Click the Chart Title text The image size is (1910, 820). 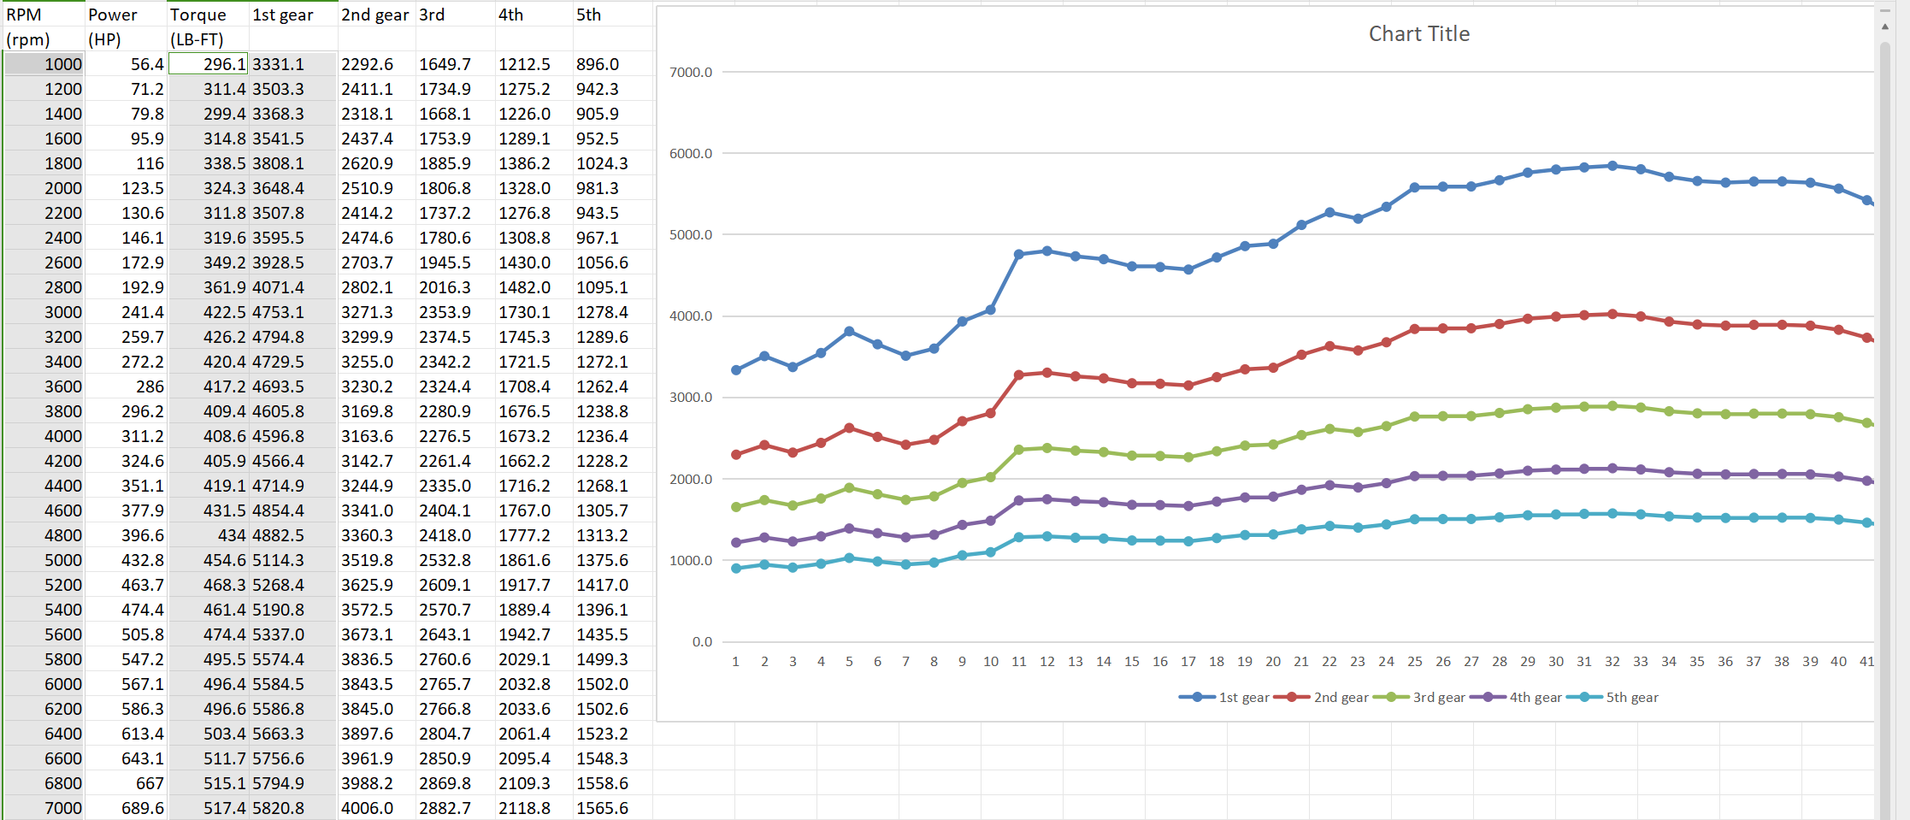click(x=1418, y=33)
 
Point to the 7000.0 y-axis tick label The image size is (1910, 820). click(x=690, y=72)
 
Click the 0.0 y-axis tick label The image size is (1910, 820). click(x=701, y=641)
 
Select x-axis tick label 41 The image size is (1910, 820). click(x=1866, y=661)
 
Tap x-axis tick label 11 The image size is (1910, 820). click(x=1018, y=661)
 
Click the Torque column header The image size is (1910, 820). click(x=197, y=15)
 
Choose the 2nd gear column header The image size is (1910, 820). click(x=374, y=15)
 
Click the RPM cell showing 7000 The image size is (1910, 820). click(x=63, y=808)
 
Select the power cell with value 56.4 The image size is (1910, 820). click(x=147, y=64)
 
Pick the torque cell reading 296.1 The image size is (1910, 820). click(x=224, y=64)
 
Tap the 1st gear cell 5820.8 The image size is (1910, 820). click(x=278, y=808)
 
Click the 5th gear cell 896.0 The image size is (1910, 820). click(x=597, y=64)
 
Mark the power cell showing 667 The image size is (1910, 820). click(x=150, y=783)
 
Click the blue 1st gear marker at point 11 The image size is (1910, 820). click(x=1018, y=254)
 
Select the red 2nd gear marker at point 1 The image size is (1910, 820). click(x=736, y=455)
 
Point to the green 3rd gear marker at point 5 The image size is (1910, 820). click(x=849, y=488)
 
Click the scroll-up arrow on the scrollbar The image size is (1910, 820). click(x=1885, y=27)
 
